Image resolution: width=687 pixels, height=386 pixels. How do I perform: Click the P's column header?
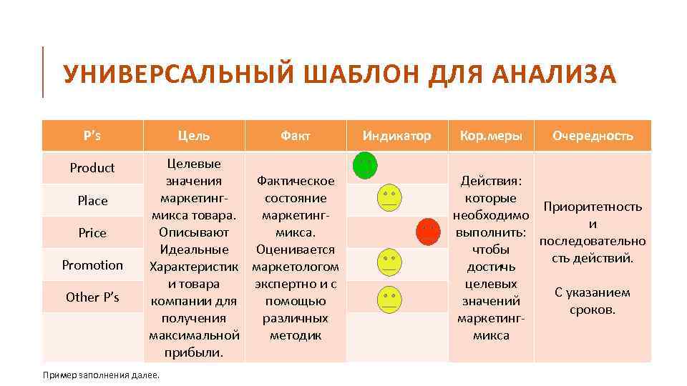click(92, 135)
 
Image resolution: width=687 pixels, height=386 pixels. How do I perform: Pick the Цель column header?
click(194, 135)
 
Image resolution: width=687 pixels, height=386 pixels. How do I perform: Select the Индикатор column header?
click(396, 135)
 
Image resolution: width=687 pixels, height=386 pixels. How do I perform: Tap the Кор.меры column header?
click(491, 135)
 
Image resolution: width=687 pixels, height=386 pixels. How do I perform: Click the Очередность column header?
click(593, 135)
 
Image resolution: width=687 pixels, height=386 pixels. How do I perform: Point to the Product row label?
click(92, 168)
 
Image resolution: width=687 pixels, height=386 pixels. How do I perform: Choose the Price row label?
click(92, 233)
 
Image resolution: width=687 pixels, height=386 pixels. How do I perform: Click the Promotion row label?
click(92, 265)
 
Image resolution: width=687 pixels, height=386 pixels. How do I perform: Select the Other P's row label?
click(92, 297)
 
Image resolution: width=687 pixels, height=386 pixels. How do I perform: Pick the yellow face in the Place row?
click(389, 197)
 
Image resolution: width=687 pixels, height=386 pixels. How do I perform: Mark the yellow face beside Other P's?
click(389, 298)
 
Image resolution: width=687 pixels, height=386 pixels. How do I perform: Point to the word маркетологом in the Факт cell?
click(295, 267)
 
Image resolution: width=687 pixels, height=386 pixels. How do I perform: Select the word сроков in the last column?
click(593, 310)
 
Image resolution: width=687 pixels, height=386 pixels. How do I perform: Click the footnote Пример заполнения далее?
click(101, 375)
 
